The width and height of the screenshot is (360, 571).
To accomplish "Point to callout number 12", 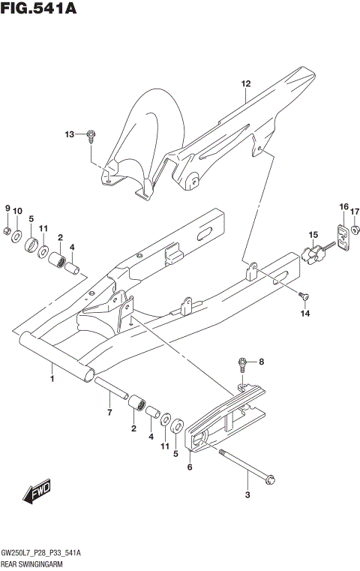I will tap(244, 84).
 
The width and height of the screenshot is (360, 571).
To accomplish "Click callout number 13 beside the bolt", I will tap(70, 134).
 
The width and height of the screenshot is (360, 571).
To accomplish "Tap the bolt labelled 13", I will tap(91, 136).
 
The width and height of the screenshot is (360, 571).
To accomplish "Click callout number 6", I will tap(190, 467).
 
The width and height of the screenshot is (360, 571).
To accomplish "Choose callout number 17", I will tap(355, 211).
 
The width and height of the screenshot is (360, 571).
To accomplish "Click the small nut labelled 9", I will tap(7, 230).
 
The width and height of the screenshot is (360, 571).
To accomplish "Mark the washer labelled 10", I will tap(16, 235).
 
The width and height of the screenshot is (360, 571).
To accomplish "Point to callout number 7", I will tap(109, 413).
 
